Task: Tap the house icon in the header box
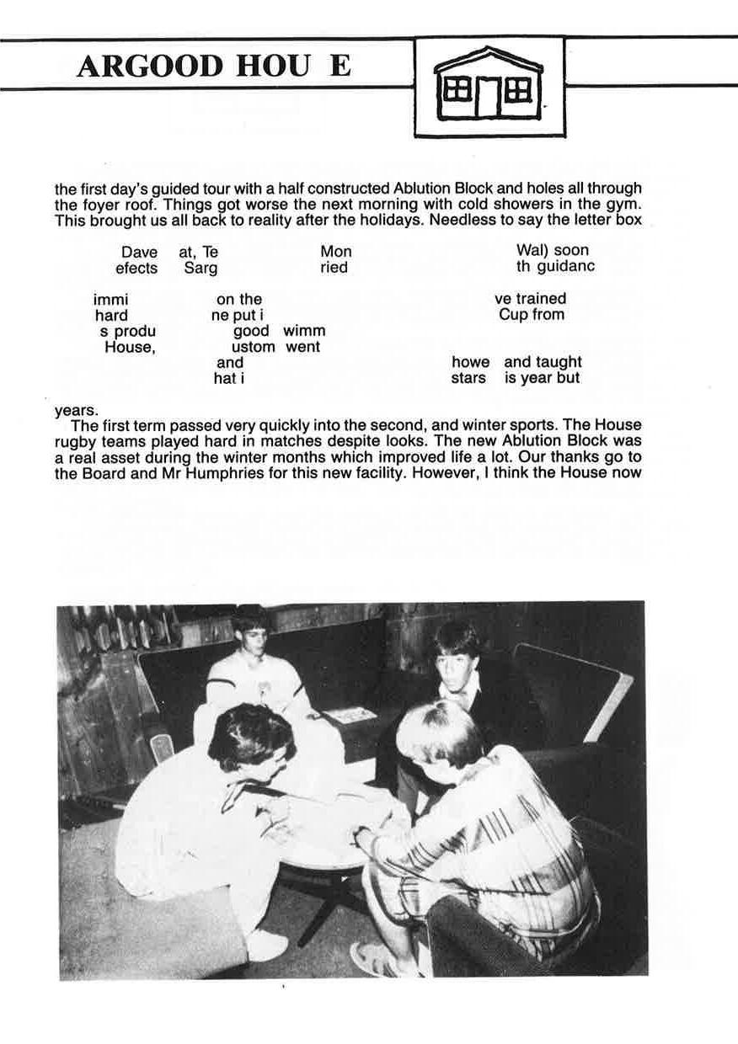pos(488,84)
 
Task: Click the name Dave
pos(139,252)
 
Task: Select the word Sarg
pos(201,269)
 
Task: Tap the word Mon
pos(336,252)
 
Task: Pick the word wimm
pos(304,331)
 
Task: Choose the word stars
pos(468,379)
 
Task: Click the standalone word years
pos(75,411)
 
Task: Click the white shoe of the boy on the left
pos(268,945)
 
